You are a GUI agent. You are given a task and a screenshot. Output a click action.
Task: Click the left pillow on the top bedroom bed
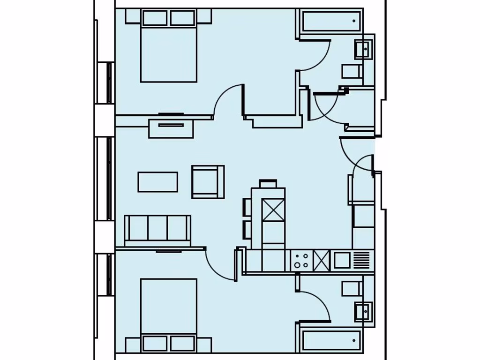click(155, 18)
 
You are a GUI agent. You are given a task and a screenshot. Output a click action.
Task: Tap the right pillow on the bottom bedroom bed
click(182, 343)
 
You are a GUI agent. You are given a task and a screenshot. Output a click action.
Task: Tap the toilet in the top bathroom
click(352, 71)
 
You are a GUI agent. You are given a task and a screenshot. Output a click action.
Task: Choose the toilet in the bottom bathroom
click(352, 289)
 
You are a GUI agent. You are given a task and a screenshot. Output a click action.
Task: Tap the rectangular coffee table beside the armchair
click(157, 182)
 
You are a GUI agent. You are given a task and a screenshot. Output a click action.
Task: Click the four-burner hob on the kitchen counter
click(301, 261)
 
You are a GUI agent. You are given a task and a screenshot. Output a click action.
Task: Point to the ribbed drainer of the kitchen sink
click(362, 260)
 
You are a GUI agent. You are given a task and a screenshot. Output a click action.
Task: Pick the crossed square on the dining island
click(273, 210)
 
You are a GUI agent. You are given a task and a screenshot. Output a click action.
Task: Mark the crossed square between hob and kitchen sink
click(322, 261)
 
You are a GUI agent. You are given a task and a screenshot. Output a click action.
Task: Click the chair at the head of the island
click(268, 183)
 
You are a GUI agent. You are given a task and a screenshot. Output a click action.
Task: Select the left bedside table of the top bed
click(133, 17)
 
